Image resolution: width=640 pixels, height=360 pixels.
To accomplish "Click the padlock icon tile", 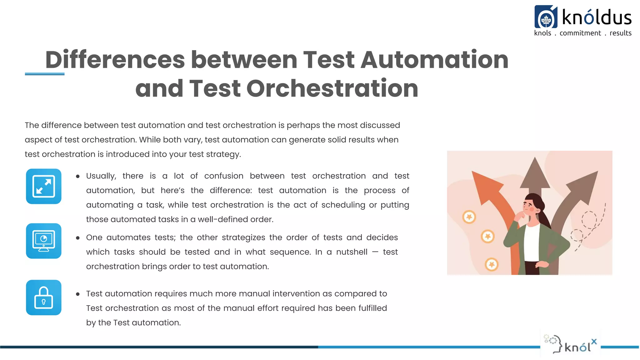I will click(44, 297).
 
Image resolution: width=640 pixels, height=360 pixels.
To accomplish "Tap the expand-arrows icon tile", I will click(44, 187).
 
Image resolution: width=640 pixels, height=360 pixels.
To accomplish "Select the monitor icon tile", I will click(44, 241).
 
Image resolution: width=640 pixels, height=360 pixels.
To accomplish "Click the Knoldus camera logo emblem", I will click(546, 17).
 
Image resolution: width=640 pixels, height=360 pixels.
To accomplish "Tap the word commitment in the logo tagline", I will click(580, 33).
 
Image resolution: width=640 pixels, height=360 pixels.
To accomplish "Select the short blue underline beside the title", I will click(45, 74).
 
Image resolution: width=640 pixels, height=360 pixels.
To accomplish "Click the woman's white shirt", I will click(531, 244).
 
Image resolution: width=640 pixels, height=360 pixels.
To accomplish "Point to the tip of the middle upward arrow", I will click(535, 159).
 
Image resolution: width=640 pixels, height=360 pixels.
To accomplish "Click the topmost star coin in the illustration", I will click(469, 217).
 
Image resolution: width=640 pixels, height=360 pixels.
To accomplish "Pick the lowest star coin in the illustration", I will click(492, 265).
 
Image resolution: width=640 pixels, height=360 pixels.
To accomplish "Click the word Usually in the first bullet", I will click(101, 176).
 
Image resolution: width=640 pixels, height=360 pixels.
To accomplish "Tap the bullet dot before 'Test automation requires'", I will click(78, 294).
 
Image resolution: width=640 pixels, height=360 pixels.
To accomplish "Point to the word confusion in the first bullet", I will click(224, 176).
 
